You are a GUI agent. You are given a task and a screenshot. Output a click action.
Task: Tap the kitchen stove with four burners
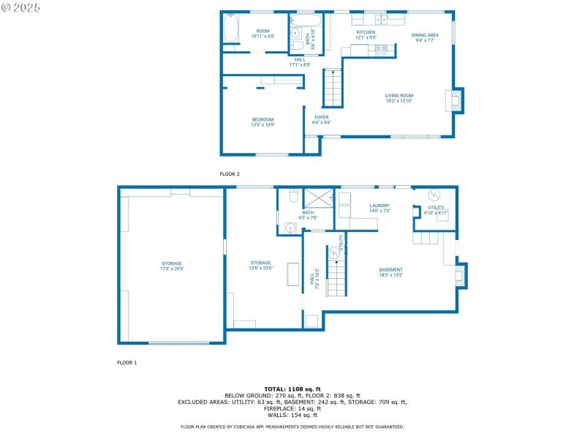pos(381,50)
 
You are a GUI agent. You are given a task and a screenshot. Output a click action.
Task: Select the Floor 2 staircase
pos(333,87)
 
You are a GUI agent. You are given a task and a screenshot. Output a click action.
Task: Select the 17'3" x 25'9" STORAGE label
pos(172,266)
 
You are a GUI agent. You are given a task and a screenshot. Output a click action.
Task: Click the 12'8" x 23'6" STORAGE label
pos(260,265)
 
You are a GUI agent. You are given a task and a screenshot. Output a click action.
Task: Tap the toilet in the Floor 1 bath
pos(292,196)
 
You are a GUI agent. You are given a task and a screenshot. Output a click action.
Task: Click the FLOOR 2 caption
pos(230,174)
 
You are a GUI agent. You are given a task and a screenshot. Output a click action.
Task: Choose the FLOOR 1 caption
pos(127,362)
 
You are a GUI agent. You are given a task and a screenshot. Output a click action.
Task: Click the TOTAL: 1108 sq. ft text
pos(292,389)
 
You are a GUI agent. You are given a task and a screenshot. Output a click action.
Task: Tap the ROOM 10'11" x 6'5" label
pos(263,33)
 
